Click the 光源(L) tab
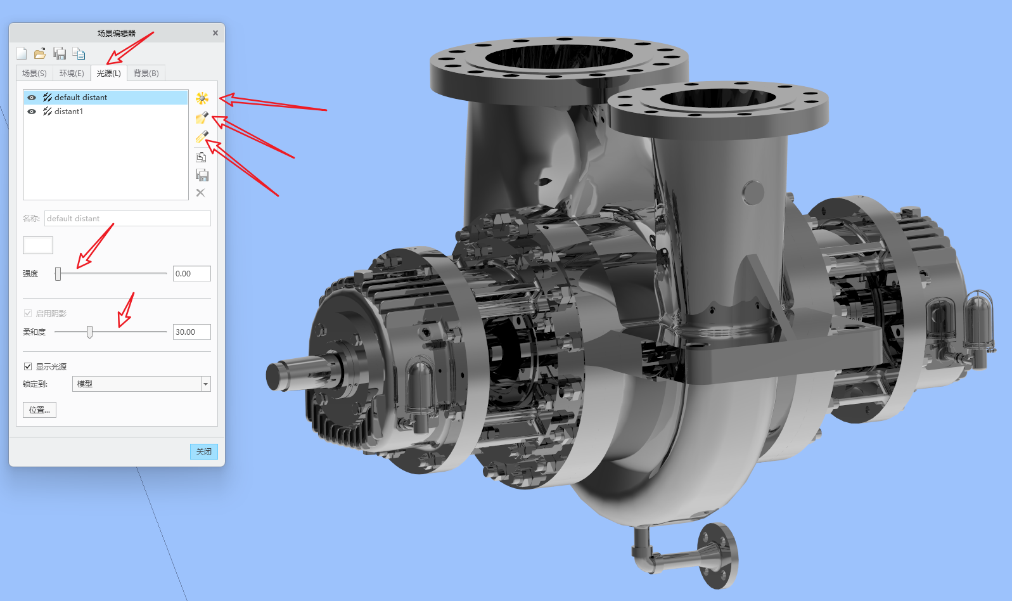click(x=109, y=73)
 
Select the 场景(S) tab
click(x=34, y=73)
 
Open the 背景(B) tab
click(x=146, y=73)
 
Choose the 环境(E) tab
click(x=72, y=73)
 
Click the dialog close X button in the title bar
click(x=215, y=33)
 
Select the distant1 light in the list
click(x=68, y=111)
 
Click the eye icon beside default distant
click(x=32, y=98)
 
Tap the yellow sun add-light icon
click(x=202, y=98)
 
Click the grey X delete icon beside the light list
click(x=201, y=193)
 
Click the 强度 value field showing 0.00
click(x=191, y=273)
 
